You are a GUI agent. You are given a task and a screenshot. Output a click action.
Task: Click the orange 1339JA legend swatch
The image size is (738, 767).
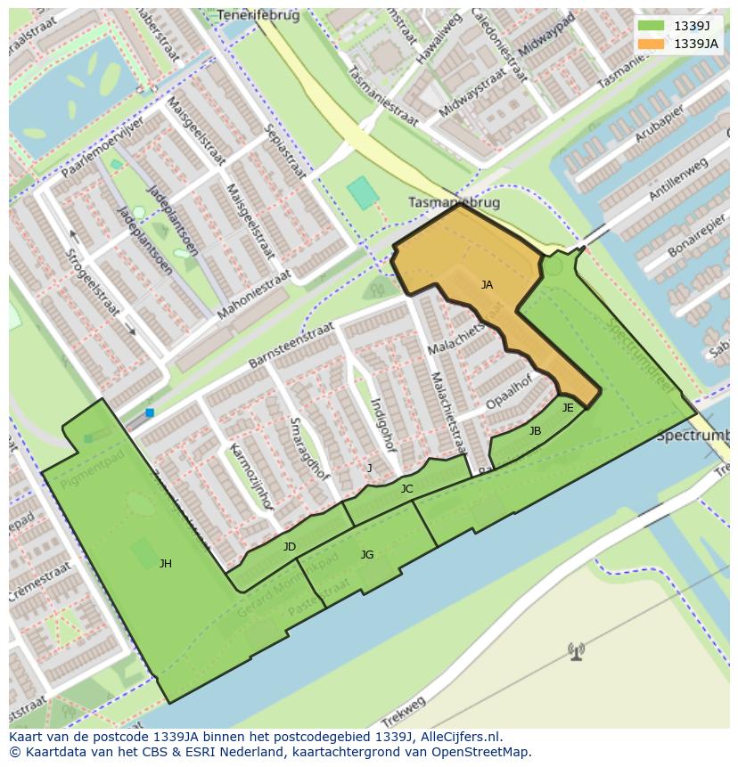651,43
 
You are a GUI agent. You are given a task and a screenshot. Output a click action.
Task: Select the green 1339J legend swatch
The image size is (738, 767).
651,25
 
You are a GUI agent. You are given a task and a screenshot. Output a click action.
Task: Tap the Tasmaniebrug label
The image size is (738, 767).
454,202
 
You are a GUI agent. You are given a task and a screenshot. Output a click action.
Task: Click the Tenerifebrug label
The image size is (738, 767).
258,15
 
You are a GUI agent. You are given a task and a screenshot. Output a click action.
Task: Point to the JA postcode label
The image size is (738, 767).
487,285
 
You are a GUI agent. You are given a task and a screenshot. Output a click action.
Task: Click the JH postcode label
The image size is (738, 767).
166,563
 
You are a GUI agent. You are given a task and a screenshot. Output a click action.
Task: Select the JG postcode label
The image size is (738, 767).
367,555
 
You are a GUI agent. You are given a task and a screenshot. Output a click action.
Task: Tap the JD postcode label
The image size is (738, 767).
289,546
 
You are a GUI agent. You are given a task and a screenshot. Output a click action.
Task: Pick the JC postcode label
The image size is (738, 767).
406,488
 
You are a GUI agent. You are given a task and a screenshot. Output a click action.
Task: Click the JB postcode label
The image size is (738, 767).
535,431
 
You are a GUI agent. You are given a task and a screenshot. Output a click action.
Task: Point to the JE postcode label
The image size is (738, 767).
568,407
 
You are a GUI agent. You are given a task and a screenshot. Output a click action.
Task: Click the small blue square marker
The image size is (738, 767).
150,412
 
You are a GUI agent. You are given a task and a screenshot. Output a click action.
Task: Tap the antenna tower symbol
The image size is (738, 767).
577,652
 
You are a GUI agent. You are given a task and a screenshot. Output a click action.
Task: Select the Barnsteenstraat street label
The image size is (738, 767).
291,344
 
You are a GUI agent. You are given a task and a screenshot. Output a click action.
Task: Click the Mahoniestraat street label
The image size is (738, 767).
254,295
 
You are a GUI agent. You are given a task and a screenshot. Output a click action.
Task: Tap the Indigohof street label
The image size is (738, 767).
382,424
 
